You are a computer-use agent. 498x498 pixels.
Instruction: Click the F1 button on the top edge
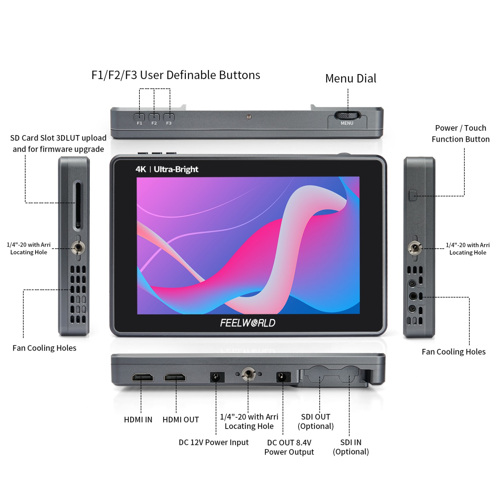pos(139,117)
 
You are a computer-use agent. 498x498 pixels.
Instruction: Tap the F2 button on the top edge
pos(154,117)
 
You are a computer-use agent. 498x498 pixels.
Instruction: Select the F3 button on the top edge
pos(169,117)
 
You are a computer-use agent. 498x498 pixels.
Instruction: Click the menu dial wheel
pos(347,116)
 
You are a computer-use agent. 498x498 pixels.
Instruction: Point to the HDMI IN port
pos(143,377)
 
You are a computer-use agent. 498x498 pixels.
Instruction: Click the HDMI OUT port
pos(175,377)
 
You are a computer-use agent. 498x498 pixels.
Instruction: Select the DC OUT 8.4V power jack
pos(283,377)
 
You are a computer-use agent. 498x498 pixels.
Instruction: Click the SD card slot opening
pos(78,205)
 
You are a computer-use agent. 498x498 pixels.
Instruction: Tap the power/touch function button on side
pos(413,196)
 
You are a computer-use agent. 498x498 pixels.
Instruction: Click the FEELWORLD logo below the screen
pos(248,323)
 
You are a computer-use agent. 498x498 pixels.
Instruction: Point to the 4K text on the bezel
pos(140,169)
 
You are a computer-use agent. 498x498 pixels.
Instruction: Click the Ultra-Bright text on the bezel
pos(176,169)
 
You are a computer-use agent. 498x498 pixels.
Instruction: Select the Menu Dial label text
pos(351,79)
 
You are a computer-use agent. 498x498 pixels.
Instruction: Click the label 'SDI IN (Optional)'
pos(351,447)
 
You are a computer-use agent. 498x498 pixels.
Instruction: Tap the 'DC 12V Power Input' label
pos(213,442)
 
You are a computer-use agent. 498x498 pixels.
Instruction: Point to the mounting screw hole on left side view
pos(78,247)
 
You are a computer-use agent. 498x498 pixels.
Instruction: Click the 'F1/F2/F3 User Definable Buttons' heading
pos(176,75)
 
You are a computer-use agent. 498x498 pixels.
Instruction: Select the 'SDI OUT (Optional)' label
pos(315,421)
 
